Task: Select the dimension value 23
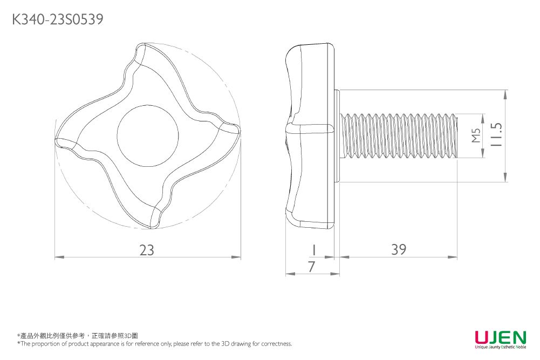click(x=147, y=250)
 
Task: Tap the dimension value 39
click(x=399, y=249)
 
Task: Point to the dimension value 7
click(x=311, y=266)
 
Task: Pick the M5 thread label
click(x=475, y=136)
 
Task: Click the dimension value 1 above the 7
click(x=312, y=250)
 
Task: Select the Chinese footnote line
click(x=78, y=336)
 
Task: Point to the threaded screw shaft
click(x=399, y=136)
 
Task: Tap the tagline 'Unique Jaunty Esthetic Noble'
click(x=500, y=348)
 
